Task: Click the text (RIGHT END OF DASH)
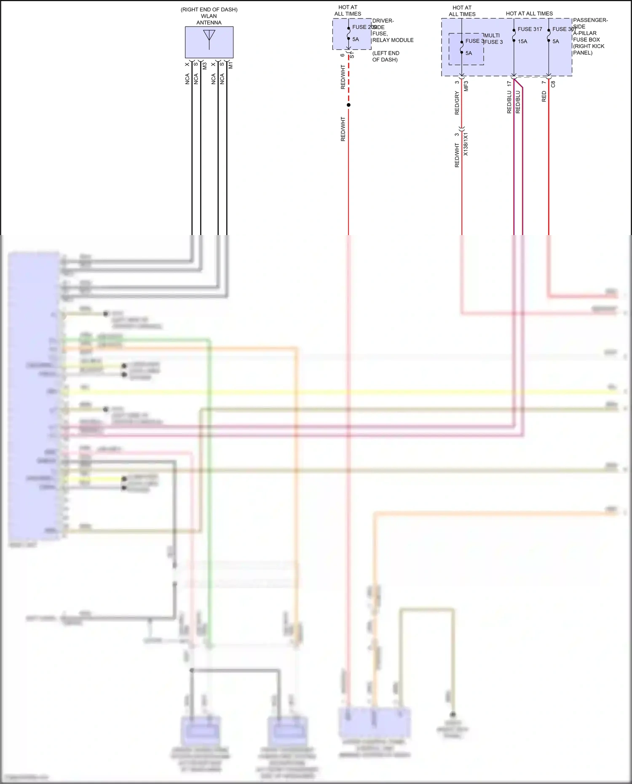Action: click(x=209, y=10)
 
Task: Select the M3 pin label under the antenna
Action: click(x=205, y=66)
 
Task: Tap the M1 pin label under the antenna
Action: click(x=230, y=65)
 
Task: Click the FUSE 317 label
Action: click(x=530, y=29)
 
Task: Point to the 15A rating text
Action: click(x=522, y=41)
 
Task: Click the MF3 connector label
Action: click(x=466, y=86)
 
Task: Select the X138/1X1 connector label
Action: click(x=466, y=144)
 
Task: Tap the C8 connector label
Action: click(x=553, y=84)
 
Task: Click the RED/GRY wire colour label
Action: click(x=457, y=103)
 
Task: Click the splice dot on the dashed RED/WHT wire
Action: click(x=348, y=105)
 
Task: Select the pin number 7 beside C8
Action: click(x=544, y=82)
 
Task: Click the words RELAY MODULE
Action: click(x=393, y=40)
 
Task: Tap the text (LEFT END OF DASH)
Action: click(x=386, y=56)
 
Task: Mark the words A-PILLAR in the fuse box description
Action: click(x=585, y=33)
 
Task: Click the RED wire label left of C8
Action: click(x=544, y=96)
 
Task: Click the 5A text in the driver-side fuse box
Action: click(x=356, y=39)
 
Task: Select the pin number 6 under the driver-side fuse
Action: click(x=342, y=55)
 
